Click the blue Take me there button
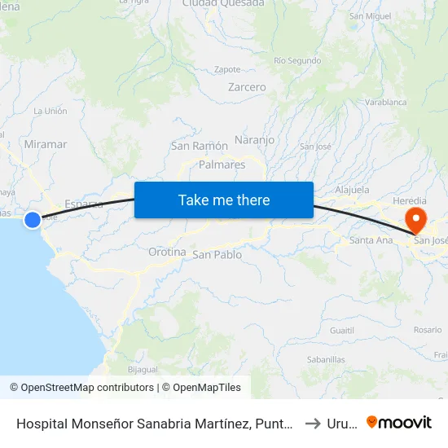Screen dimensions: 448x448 pyautogui.click(x=224, y=200)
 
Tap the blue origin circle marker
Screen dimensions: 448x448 pyautogui.click(x=33, y=219)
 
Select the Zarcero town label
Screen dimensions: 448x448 pyautogui.click(x=247, y=87)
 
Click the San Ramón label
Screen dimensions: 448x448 pyautogui.click(x=199, y=146)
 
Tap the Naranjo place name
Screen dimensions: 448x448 pyautogui.click(x=254, y=139)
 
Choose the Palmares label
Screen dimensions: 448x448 pyautogui.click(x=222, y=165)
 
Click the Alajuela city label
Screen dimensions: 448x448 pyautogui.click(x=353, y=190)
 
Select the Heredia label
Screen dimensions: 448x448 pyautogui.click(x=409, y=200)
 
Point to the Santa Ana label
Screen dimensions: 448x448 pyautogui.click(x=371, y=240)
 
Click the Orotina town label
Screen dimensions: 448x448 pyautogui.click(x=167, y=253)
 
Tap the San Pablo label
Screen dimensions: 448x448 pyautogui.click(x=217, y=255)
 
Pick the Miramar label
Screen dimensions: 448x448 pyautogui.click(x=46, y=144)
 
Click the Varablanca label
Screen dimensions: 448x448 pyautogui.click(x=385, y=103)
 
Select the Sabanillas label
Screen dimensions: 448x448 pyautogui.click(x=326, y=358)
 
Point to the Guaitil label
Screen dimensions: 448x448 pyautogui.click(x=342, y=330)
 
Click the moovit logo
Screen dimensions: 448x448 pyautogui.click(x=399, y=422)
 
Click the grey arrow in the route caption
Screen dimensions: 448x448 pyautogui.click(x=313, y=423)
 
